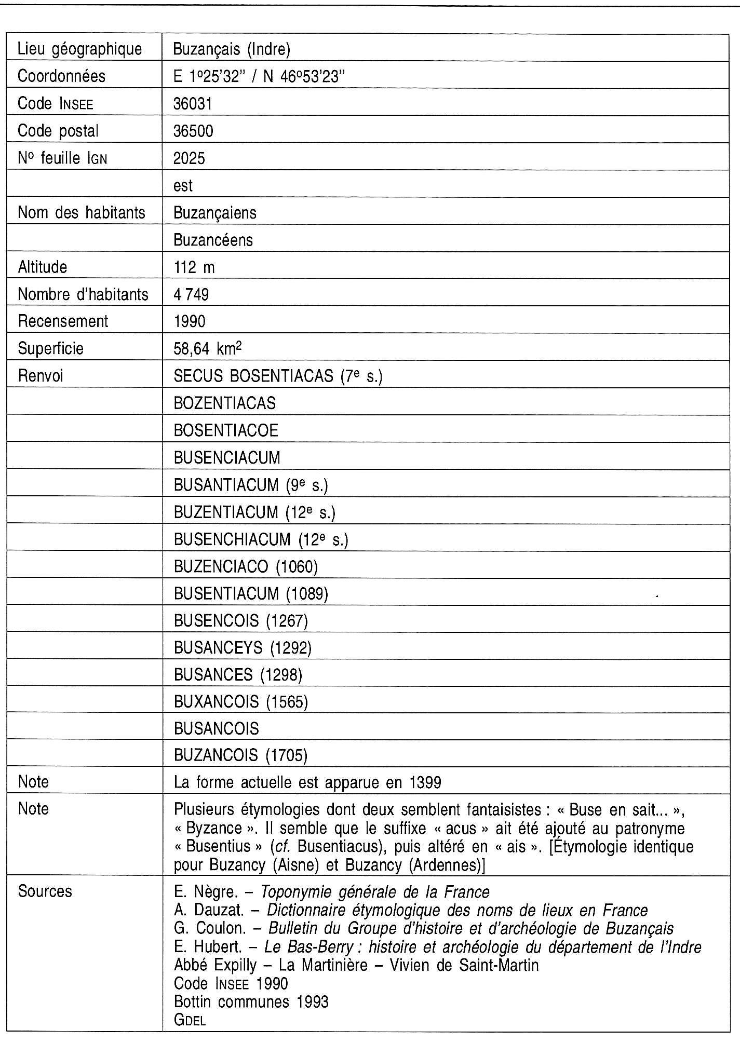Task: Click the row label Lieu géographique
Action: click(x=79, y=49)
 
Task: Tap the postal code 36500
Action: click(x=193, y=131)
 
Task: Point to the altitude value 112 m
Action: click(x=194, y=267)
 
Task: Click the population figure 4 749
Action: click(x=191, y=295)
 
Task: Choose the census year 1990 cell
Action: click(x=190, y=321)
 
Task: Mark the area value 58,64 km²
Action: click(x=208, y=348)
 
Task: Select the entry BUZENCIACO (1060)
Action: click(x=246, y=566)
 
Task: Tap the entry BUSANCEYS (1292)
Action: click(x=243, y=647)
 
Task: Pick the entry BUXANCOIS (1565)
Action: click(x=241, y=702)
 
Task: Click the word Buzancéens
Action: click(x=213, y=240)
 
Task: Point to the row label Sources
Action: click(x=45, y=891)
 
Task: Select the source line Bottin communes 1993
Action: click(x=251, y=1001)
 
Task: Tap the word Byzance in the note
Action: click(x=213, y=828)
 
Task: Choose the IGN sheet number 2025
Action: click(x=189, y=158)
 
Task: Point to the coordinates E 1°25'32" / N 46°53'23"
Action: click(x=260, y=76)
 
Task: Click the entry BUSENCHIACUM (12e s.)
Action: click(x=261, y=539)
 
